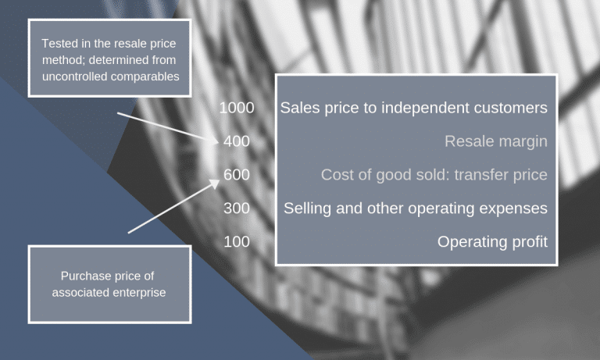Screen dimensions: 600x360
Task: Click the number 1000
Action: click(237, 108)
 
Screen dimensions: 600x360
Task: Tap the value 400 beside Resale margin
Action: click(237, 141)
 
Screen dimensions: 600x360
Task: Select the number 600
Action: click(237, 175)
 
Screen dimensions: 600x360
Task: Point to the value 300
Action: click(237, 209)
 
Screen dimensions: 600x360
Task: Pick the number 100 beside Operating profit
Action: click(237, 242)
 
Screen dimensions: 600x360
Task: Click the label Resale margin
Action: click(496, 141)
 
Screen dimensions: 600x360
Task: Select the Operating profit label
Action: click(492, 242)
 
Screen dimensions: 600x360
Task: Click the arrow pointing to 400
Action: click(168, 128)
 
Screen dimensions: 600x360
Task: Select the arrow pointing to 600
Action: click(173, 206)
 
